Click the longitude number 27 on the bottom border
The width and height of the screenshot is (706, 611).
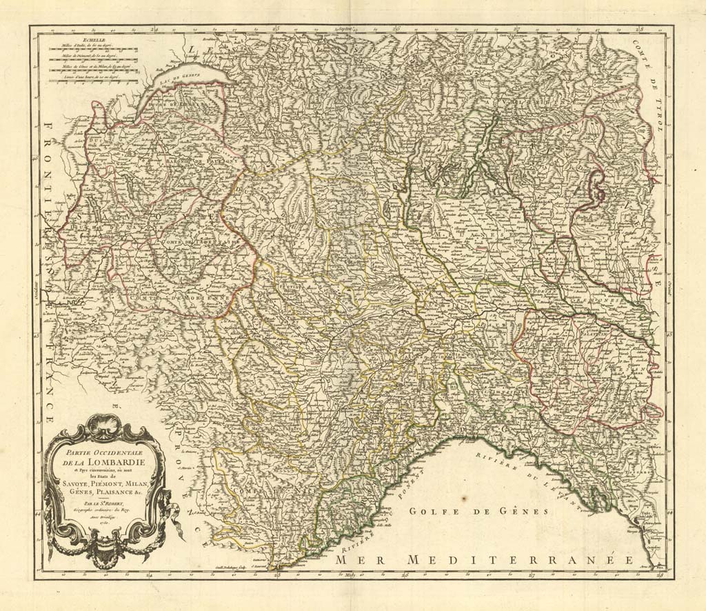530,573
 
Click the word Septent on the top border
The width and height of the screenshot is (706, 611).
343,29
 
